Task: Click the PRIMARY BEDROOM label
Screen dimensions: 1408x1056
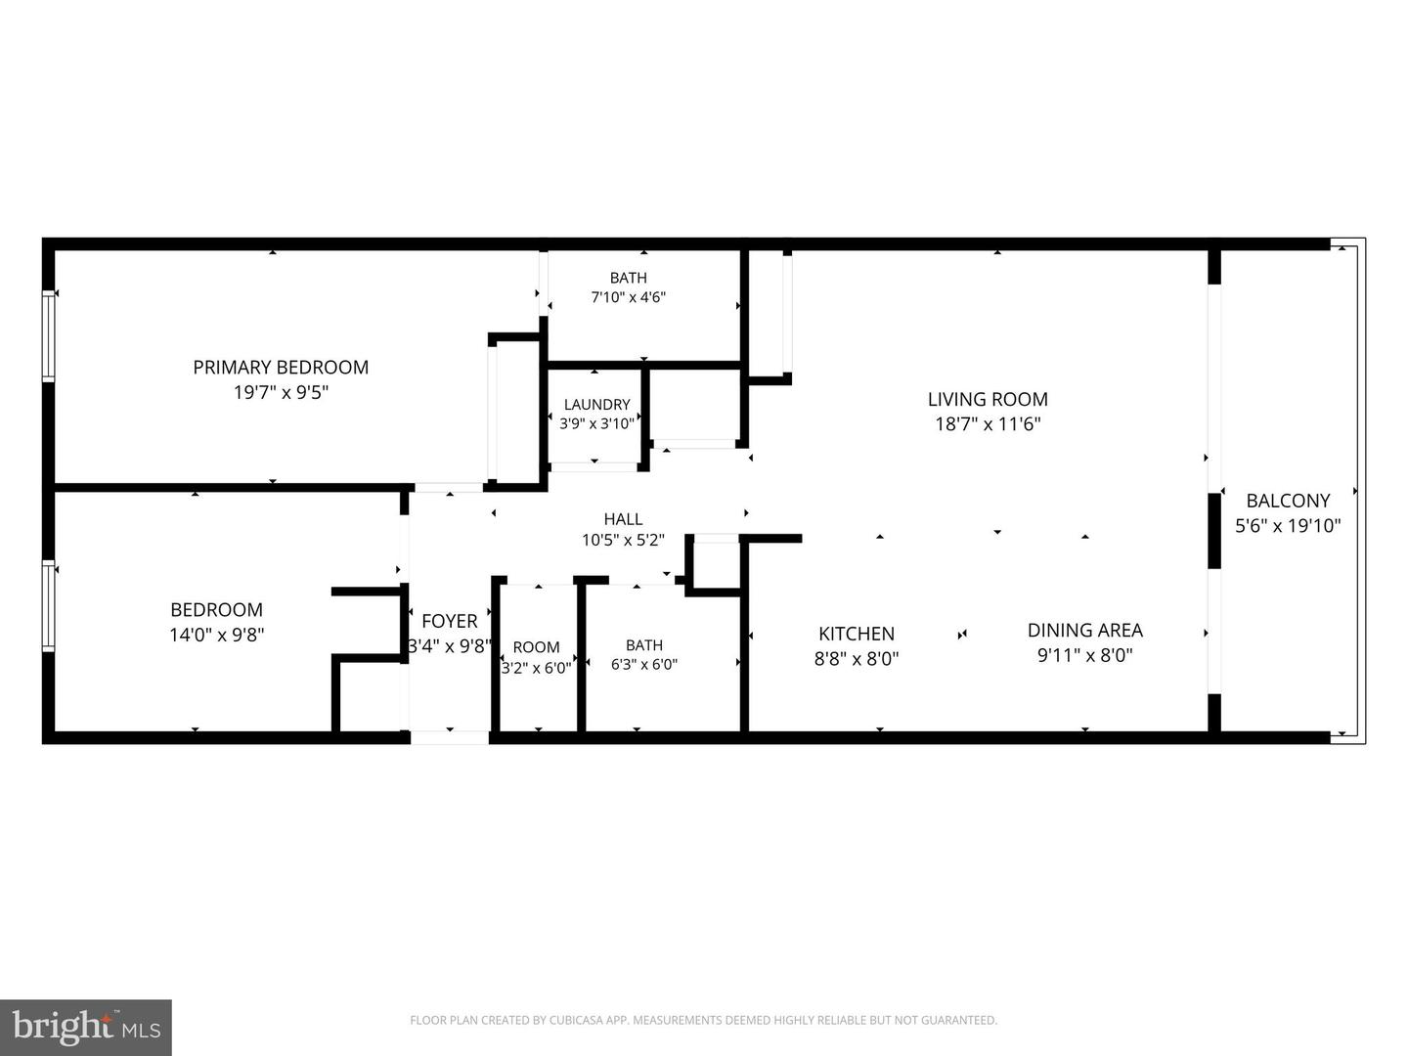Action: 281,368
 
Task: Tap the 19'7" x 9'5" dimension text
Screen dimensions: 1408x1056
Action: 281,392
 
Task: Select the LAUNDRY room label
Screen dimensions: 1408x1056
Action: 596,405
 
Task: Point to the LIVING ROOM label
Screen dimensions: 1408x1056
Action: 988,400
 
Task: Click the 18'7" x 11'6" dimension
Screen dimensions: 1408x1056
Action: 988,424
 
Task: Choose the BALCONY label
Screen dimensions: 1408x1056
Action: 1288,501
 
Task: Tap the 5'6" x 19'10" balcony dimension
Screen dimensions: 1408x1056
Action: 1288,526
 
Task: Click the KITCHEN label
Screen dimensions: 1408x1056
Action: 857,635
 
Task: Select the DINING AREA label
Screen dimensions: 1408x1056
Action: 1084,631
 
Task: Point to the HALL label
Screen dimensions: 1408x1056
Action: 623,519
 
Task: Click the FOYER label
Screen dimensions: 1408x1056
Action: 449,621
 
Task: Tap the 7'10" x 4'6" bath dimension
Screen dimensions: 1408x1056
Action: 628,297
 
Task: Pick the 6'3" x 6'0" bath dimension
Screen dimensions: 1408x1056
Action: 644,665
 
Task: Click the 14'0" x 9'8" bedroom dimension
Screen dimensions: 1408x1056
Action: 216,635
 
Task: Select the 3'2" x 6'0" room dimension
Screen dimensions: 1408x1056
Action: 536,668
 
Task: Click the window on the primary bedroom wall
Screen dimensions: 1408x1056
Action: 48,336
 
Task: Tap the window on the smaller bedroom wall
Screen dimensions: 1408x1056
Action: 48,606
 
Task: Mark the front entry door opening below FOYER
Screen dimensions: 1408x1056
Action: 450,737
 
